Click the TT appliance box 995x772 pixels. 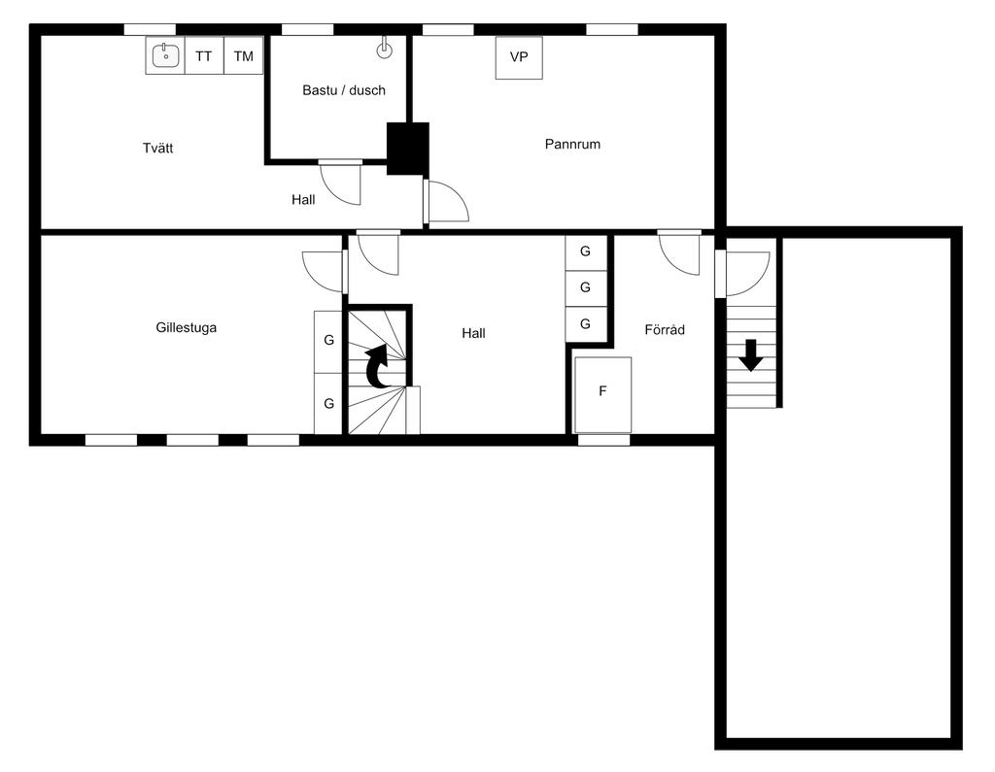click(x=203, y=56)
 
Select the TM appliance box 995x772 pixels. click(x=243, y=56)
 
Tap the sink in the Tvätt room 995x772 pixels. click(x=166, y=56)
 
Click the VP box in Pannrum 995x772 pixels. click(x=519, y=57)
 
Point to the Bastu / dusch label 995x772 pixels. click(x=344, y=90)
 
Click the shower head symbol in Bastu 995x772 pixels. click(x=385, y=50)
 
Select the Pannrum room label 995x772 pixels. click(x=572, y=144)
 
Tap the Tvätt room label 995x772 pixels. click(x=157, y=149)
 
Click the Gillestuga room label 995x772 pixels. click(x=186, y=327)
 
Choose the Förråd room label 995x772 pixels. click(x=665, y=330)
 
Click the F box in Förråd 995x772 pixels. click(x=602, y=392)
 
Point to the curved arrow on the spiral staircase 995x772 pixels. click(x=378, y=368)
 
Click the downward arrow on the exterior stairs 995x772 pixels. click(x=750, y=354)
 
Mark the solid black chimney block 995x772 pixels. click(x=408, y=149)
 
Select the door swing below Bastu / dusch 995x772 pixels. click(x=341, y=182)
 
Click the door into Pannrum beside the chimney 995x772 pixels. click(x=446, y=202)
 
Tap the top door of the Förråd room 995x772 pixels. click(x=679, y=253)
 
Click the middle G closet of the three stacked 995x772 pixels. click(x=585, y=287)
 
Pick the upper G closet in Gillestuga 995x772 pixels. click(x=328, y=341)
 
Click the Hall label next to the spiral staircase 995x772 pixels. click(x=473, y=333)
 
